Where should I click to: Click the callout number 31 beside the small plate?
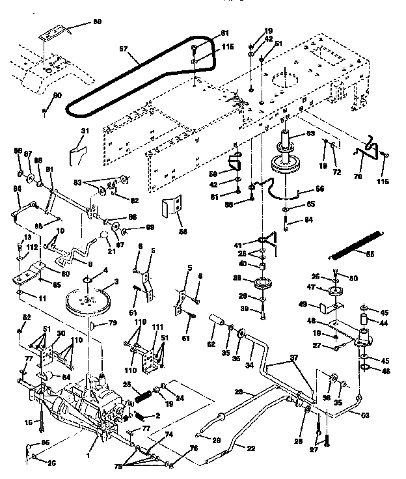(83, 132)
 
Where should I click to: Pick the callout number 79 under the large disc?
(113, 323)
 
